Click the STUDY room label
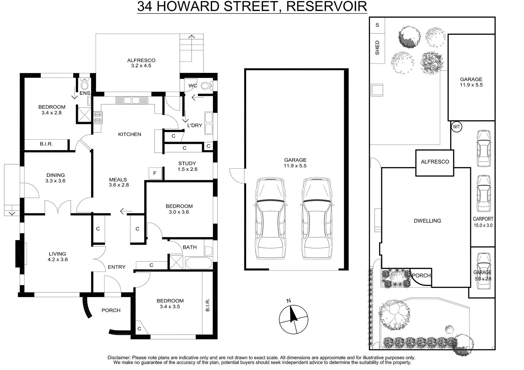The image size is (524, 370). coord(187,163)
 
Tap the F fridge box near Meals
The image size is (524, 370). coord(155,173)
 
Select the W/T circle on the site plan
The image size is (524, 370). coord(456,127)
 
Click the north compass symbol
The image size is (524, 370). coord(293,319)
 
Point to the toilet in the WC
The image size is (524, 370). coord(206,85)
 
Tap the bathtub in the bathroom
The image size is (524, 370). coord(198,263)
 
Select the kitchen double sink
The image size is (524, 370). coord(132,100)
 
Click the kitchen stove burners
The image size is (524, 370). coord(98,117)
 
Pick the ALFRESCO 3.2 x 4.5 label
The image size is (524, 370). coord(141,63)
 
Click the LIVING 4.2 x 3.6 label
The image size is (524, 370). coord(58,256)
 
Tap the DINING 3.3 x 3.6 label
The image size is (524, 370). coord(55,178)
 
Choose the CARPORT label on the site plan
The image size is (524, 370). coord(483,219)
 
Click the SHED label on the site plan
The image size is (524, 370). coord(377,48)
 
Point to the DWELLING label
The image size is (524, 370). coord(427,220)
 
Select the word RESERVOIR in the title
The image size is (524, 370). coord(327,6)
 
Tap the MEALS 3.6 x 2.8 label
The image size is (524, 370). coord(119,182)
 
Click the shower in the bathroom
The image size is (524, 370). coord(176,262)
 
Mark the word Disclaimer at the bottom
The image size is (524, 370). coord(119,357)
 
